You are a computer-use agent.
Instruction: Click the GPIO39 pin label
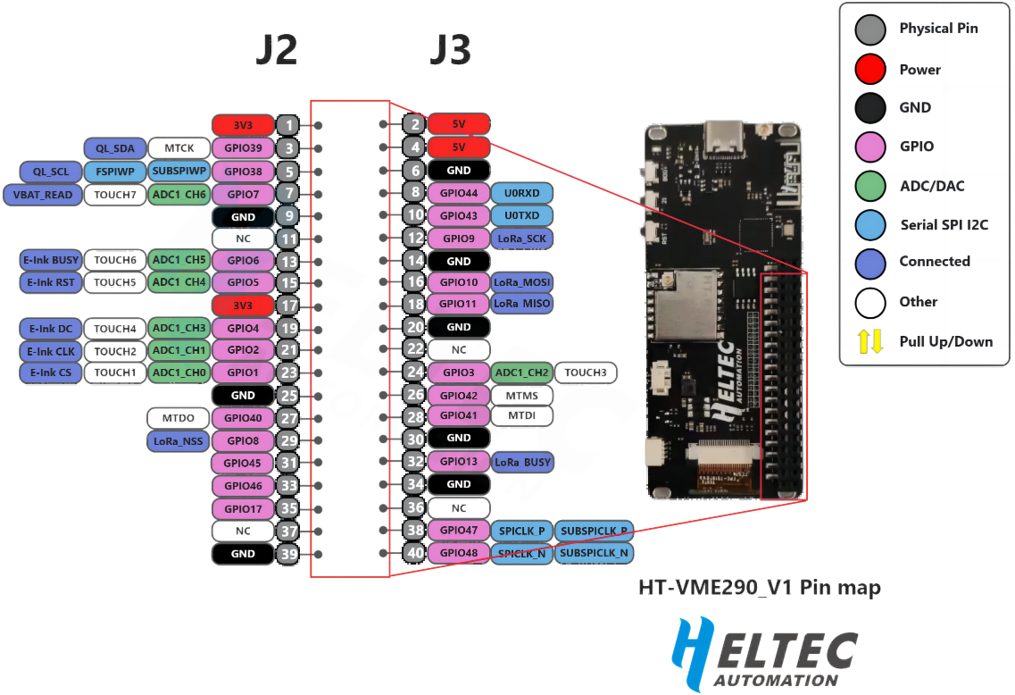tap(243, 148)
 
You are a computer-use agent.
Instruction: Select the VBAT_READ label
tap(42, 194)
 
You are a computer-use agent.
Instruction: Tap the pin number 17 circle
tap(287, 306)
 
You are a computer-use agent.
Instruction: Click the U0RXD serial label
tap(521, 192)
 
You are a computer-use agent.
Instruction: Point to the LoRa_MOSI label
tap(522, 282)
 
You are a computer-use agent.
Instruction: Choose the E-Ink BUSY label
tap(51, 260)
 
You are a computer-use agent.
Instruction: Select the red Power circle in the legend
tap(869, 69)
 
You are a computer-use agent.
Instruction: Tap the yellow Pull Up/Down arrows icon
tap(869, 341)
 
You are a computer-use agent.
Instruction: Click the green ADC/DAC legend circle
tap(869, 186)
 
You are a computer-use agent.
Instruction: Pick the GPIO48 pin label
tap(458, 553)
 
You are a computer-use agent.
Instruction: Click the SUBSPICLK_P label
tap(594, 531)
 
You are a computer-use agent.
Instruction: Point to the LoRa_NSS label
tap(178, 440)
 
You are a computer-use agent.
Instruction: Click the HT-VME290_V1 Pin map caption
tap(759, 588)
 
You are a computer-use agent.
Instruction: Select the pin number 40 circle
tap(413, 553)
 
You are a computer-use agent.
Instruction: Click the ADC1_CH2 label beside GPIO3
tap(520, 372)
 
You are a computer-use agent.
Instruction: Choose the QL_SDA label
tap(114, 148)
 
